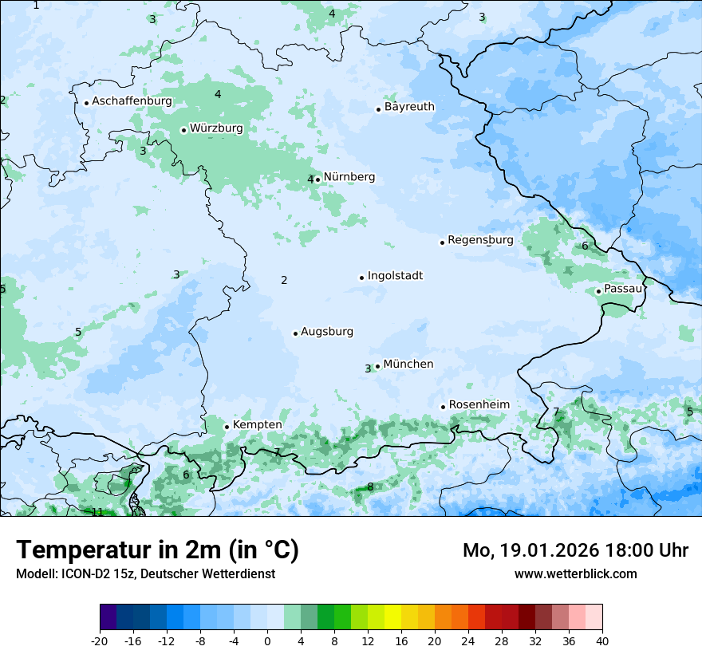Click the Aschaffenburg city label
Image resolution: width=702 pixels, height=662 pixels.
point(132,101)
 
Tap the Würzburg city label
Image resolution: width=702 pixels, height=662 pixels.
point(216,128)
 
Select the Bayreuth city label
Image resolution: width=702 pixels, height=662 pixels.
point(409,107)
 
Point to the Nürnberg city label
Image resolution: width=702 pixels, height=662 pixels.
point(349,177)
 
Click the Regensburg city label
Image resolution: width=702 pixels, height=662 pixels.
point(480,240)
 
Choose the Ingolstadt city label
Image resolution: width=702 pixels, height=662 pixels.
point(395,276)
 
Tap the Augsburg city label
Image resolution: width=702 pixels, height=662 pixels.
point(326,332)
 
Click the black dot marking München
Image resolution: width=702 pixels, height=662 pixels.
point(377,366)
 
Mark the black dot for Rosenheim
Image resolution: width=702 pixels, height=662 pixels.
point(443,407)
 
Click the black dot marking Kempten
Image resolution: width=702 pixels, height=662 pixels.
point(227,427)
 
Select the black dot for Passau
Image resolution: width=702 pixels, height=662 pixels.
point(598,291)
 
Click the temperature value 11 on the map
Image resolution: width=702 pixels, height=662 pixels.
point(97,512)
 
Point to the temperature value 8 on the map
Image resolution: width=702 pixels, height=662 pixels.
point(370,487)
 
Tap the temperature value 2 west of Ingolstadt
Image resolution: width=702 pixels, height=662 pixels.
point(284,280)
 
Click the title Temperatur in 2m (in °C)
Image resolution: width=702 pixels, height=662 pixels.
point(157,550)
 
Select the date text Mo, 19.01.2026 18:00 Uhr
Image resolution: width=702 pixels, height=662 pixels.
point(575,550)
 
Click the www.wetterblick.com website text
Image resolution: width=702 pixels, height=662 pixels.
point(575,573)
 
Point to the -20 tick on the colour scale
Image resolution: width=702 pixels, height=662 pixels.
point(100,640)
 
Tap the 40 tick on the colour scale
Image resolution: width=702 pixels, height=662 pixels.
point(601,640)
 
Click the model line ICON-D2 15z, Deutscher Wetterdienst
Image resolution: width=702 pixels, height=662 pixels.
point(145,573)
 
